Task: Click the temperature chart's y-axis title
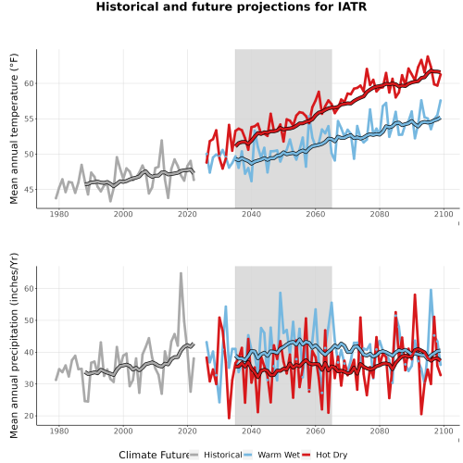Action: (x=14, y=129)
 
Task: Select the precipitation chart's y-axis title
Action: (x=14, y=345)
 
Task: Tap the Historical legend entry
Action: (x=216, y=455)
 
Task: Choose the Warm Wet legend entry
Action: (x=272, y=455)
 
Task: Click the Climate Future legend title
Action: (x=154, y=455)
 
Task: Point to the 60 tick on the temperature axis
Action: (x=29, y=83)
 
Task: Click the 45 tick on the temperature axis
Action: (x=29, y=190)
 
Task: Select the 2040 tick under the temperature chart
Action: (x=251, y=214)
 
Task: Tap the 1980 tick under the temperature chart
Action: (x=59, y=214)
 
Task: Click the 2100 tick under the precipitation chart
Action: (x=444, y=431)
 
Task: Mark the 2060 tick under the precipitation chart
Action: (x=316, y=431)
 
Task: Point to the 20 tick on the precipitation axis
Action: (x=29, y=416)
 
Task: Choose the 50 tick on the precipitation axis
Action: (x=29, y=320)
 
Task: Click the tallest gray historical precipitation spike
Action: (x=181, y=273)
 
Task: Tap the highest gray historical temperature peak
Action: (x=161, y=141)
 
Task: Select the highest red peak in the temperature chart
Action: (x=428, y=56)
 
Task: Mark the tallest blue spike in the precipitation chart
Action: (x=431, y=290)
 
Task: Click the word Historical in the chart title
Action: (x=127, y=6)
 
